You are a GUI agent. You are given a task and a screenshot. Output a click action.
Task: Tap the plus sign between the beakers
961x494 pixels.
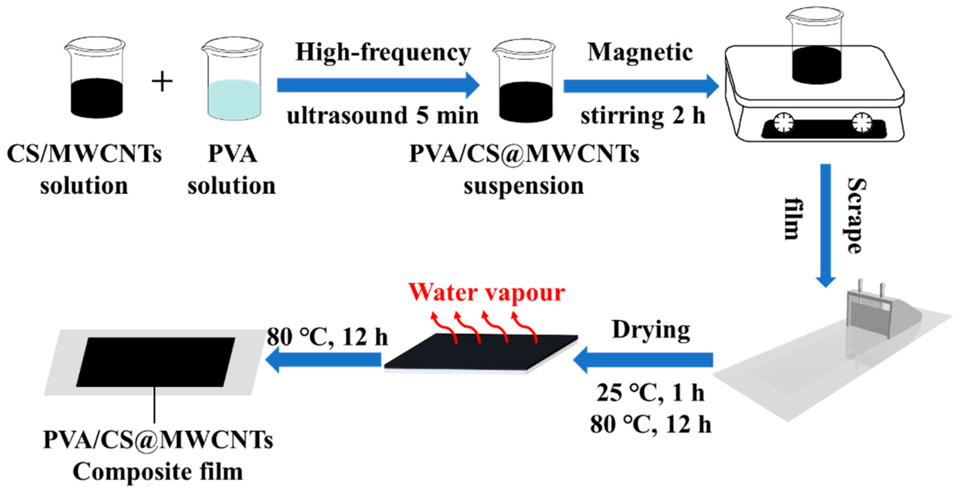coord(162,82)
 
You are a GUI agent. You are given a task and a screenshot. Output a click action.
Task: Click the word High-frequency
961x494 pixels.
coord(383,53)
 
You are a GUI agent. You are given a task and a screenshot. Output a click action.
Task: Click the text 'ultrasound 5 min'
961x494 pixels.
coord(383,115)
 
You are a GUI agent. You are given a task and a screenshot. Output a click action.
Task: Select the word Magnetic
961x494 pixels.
coord(640,53)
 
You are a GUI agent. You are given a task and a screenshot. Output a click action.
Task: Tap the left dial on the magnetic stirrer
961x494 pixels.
coord(784,122)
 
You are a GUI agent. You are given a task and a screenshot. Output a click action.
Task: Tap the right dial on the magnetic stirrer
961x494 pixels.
coord(862,122)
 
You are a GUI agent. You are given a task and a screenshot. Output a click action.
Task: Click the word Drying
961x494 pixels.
coord(651,331)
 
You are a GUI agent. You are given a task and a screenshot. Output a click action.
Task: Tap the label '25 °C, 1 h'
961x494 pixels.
coord(650,393)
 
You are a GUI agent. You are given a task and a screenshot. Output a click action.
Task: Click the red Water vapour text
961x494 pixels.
coord(487,292)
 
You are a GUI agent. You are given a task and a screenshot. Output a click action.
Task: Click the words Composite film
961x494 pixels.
coord(158,472)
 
